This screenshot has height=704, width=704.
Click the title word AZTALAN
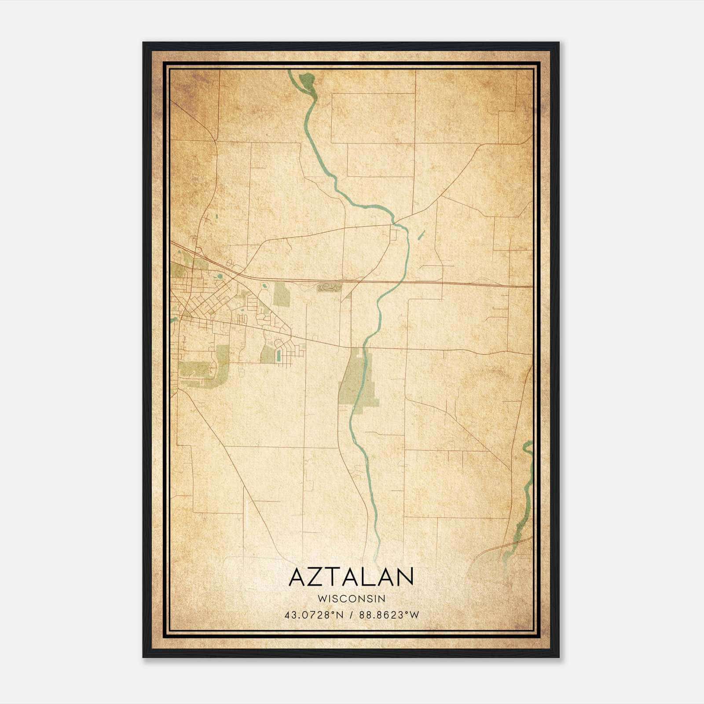pyautogui.click(x=351, y=577)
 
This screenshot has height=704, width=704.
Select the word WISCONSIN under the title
pyautogui.click(x=351, y=598)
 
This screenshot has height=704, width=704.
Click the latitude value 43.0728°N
pyautogui.click(x=313, y=615)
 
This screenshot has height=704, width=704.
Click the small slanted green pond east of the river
pyautogui.click(x=421, y=235)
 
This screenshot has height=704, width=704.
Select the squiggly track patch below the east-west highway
pyautogui.click(x=329, y=288)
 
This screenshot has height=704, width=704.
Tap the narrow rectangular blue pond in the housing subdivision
pyautogui.click(x=279, y=357)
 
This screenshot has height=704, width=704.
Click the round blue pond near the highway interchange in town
pyautogui.click(x=219, y=277)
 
